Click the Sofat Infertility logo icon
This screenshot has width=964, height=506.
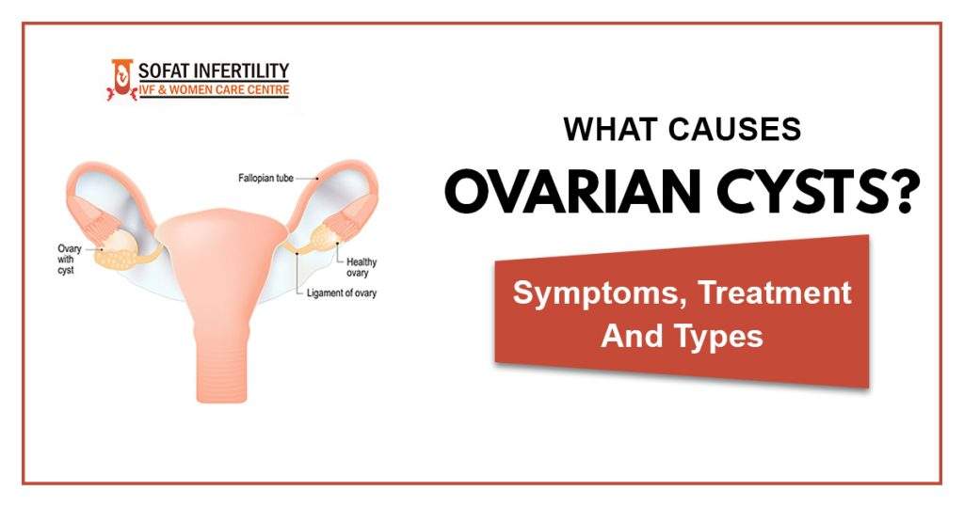tap(120, 79)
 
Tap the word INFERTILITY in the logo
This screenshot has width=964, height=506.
tap(242, 71)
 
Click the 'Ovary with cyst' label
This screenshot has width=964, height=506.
tap(70, 260)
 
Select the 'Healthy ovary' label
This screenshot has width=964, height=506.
tap(362, 267)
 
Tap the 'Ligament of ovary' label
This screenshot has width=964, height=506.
tap(344, 293)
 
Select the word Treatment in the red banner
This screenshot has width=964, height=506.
tap(771, 293)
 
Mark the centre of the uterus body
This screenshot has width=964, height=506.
tap(222, 254)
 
